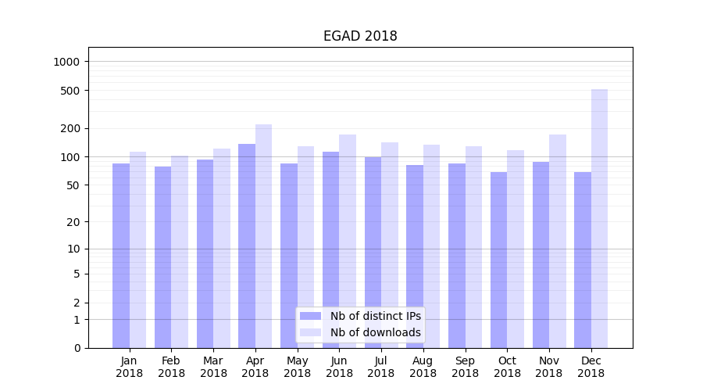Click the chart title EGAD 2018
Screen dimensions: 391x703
[x=360, y=36]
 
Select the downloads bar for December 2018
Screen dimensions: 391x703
[x=599, y=219]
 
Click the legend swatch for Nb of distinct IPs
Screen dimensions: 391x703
[x=310, y=316]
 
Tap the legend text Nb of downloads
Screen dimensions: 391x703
[x=376, y=332]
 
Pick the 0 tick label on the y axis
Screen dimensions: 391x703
[x=77, y=348]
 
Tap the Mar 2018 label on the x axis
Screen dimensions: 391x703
[x=213, y=367]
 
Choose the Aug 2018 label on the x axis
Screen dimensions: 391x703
[x=423, y=367]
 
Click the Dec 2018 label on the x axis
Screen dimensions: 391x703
[x=591, y=367]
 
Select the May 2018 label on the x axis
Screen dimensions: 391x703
[x=297, y=367]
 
